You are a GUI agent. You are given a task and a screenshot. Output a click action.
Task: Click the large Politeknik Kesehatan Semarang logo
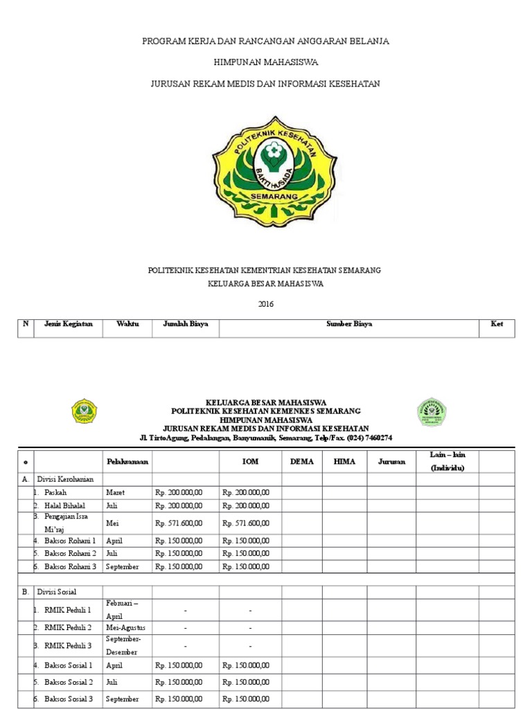click(266, 167)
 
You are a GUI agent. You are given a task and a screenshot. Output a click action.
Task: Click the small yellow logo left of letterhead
click(85, 411)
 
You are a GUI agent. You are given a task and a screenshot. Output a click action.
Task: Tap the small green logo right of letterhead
click(431, 412)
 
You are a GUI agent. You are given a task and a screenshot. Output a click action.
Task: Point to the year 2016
click(266, 303)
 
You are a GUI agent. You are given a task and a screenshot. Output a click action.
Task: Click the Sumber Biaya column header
click(349, 324)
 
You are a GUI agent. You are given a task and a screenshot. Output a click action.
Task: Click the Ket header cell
click(496, 324)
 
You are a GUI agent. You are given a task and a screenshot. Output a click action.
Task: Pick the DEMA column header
click(302, 461)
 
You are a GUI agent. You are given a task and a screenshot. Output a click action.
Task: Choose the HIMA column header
click(344, 461)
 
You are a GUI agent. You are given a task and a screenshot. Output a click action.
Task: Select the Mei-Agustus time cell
click(126, 627)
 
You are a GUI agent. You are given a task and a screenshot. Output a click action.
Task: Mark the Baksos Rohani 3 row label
click(69, 566)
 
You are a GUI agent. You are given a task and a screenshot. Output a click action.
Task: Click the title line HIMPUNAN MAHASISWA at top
click(266, 62)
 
